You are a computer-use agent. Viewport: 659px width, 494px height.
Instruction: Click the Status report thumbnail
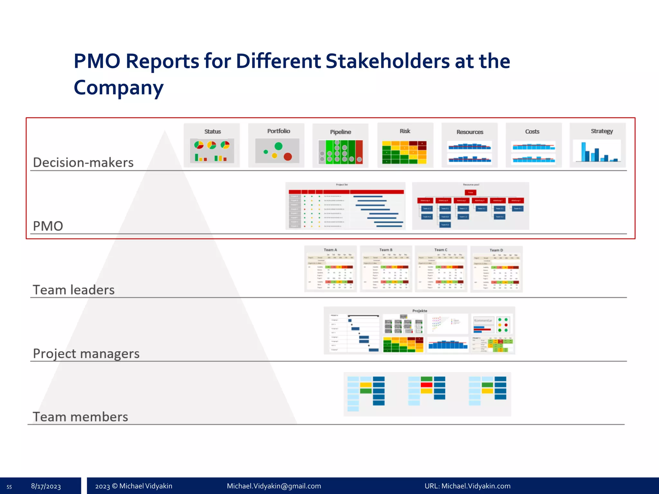coord(212,146)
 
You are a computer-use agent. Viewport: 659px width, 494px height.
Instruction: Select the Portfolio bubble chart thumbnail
coord(276,146)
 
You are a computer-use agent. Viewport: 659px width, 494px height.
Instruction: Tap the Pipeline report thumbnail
coord(340,146)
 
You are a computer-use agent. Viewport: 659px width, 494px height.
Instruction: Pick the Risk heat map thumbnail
coord(405,146)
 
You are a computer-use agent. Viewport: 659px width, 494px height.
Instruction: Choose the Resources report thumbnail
coord(469,146)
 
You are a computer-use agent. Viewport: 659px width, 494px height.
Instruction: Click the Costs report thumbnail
coord(534,146)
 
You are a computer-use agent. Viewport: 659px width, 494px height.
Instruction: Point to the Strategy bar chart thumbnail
coord(598,146)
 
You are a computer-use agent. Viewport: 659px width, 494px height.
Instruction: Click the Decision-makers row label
coord(83,162)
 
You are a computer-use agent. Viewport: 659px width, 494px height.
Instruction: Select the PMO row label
coord(48,226)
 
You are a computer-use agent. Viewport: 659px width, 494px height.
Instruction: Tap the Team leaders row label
coord(74,290)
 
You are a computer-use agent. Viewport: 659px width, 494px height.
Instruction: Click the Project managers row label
coord(86,353)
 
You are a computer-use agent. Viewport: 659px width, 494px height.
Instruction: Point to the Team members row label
coord(80,417)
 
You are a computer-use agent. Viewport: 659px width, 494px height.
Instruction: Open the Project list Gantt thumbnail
coord(345,206)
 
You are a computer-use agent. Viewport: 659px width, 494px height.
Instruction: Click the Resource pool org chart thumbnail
coord(470,206)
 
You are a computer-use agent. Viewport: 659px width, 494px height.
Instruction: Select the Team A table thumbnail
coord(330,269)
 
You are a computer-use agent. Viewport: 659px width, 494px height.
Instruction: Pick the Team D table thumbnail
coord(496,269)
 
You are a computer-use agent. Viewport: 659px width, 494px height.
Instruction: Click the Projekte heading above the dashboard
coord(420,311)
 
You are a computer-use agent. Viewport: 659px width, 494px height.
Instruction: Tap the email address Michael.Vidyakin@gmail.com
coord(274,486)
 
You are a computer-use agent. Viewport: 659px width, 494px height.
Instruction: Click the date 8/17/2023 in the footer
coord(46,486)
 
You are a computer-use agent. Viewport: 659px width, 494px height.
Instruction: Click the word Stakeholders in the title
coord(387,61)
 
